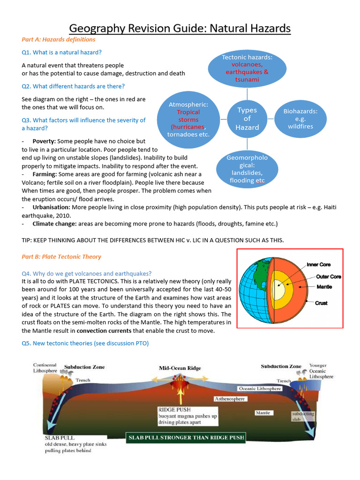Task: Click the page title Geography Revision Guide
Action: (180, 29)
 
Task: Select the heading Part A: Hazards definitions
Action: (59, 40)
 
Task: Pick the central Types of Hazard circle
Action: (247, 119)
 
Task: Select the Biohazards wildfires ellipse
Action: (300, 119)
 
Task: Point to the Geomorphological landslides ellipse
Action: (247, 169)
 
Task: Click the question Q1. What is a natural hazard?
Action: (61, 52)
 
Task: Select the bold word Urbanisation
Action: (52, 207)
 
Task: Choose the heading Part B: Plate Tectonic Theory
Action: (61, 257)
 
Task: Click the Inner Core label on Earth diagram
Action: (318, 265)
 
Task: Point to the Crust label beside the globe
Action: (321, 303)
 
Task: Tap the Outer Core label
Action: (328, 277)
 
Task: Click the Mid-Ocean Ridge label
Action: (180, 368)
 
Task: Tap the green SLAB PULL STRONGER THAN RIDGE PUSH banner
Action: (187, 438)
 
